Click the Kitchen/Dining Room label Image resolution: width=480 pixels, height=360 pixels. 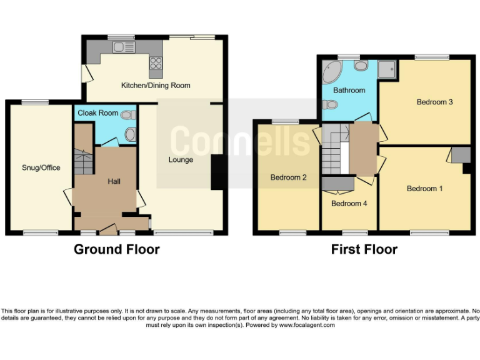(x=156, y=85)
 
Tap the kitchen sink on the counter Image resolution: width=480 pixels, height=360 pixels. (x=123, y=47)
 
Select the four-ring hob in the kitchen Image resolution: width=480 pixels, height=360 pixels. (x=156, y=63)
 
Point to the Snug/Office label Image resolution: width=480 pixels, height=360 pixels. (x=41, y=167)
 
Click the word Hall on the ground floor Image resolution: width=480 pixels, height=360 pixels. (x=114, y=181)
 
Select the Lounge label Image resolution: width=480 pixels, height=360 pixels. (x=181, y=160)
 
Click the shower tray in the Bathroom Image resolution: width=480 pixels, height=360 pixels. (x=387, y=67)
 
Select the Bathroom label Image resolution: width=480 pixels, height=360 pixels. (x=349, y=90)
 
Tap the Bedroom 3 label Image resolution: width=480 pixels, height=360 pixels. (x=434, y=102)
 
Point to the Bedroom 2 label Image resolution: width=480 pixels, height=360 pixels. (x=288, y=177)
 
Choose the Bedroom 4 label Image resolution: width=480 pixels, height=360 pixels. (x=349, y=204)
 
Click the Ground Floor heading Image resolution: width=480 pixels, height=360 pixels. (x=117, y=249)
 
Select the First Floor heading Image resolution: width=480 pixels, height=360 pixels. (x=364, y=249)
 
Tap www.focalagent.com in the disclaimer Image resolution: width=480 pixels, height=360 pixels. (x=307, y=326)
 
